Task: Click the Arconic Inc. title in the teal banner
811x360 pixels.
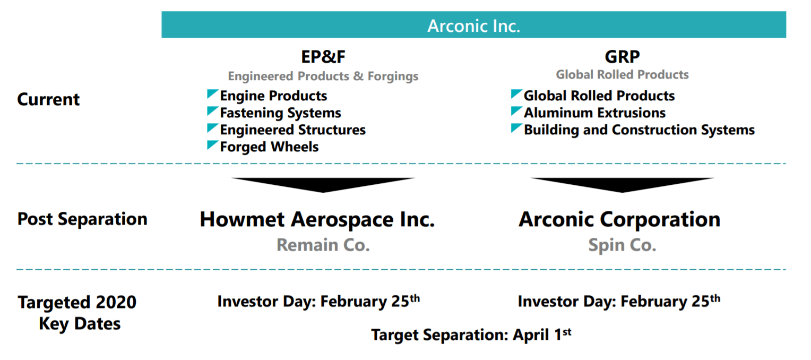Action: tap(473, 25)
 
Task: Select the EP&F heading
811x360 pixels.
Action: tap(323, 56)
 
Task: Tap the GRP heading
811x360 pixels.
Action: tap(622, 56)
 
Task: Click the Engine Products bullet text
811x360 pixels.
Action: tap(273, 96)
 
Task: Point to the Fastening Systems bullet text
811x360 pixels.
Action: tap(281, 113)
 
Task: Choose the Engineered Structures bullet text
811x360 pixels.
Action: tap(293, 130)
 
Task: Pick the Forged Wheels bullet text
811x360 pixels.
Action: tap(270, 147)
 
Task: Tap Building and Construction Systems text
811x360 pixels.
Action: tap(639, 130)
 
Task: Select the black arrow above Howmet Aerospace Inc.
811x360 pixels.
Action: tap(323, 185)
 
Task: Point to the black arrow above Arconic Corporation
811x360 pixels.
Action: tap(622, 185)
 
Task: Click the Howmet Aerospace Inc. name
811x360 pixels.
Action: tap(317, 219)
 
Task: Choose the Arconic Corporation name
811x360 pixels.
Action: tap(619, 219)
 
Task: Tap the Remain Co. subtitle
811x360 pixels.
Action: tap(323, 245)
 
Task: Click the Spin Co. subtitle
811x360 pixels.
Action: tap(622, 245)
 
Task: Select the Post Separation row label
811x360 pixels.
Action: tap(83, 219)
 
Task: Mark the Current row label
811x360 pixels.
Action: tap(48, 99)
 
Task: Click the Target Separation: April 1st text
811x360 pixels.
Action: tap(471, 335)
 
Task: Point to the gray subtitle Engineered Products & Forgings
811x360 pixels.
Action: tap(323, 76)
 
